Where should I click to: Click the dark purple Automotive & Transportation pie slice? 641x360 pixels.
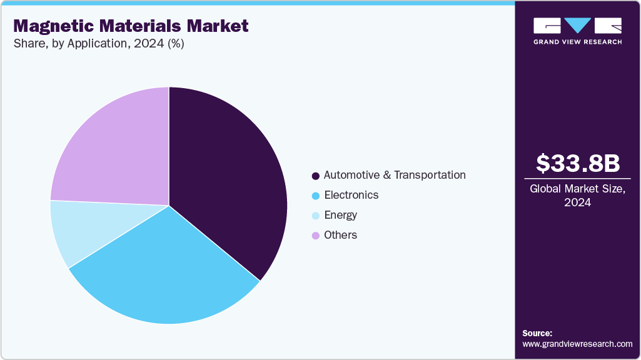pyautogui.click(x=231, y=181)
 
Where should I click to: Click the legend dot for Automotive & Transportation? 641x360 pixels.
pyautogui.click(x=316, y=176)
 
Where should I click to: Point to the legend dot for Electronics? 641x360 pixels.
pyautogui.click(x=316, y=196)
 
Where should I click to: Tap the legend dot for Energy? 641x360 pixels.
pyautogui.click(x=316, y=216)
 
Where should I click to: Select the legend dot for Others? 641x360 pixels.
pyautogui.click(x=316, y=236)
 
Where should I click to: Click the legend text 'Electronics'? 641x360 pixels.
pyautogui.click(x=351, y=195)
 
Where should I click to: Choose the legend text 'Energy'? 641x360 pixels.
pyautogui.click(x=340, y=215)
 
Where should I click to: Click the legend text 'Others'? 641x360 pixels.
pyautogui.click(x=340, y=235)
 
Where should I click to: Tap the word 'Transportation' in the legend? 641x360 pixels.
pyautogui.click(x=430, y=175)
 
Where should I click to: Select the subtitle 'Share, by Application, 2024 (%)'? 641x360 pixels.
pyautogui.click(x=98, y=44)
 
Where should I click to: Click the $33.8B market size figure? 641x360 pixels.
pyautogui.click(x=577, y=163)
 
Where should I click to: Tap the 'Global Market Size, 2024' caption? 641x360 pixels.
pyautogui.click(x=577, y=196)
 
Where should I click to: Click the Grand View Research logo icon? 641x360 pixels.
pyautogui.click(x=577, y=26)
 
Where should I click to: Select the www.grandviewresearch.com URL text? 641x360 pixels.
pyautogui.click(x=577, y=344)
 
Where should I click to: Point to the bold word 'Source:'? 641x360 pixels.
pyautogui.click(x=537, y=333)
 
